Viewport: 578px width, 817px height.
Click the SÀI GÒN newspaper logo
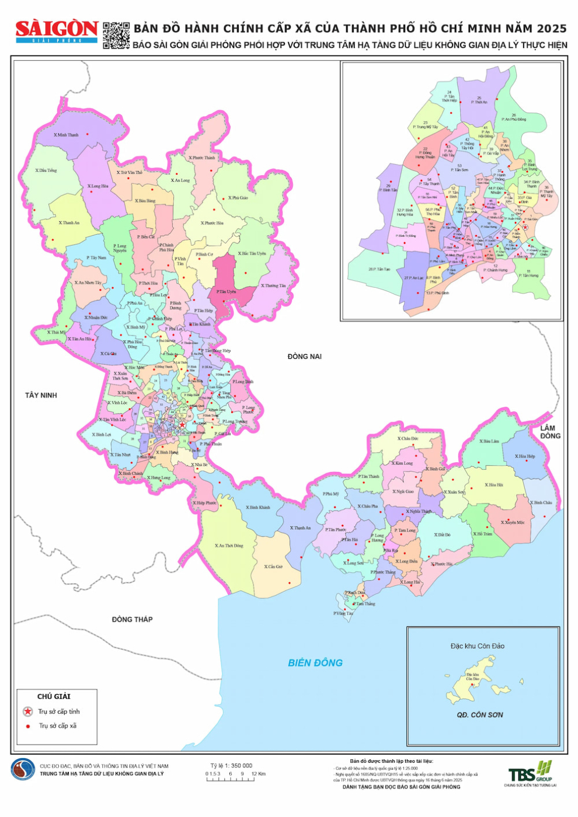pos(57,31)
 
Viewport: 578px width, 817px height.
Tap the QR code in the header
pos(116,36)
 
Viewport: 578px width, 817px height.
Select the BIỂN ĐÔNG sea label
pos(315,663)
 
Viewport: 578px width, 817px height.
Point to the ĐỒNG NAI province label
pos(304,357)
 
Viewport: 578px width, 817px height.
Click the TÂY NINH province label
pos(41,396)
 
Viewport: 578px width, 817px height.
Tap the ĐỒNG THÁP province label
pos(132,619)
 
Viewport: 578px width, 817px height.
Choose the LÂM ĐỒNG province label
pos(549,432)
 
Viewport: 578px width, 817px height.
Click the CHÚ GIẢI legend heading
pos(54,696)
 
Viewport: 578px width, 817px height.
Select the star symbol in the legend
pos(27,711)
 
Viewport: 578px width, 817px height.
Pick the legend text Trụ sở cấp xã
pos(58,726)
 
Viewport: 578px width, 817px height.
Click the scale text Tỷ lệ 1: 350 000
pos(231,766)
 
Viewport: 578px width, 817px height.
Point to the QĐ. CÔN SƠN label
pos(479,715)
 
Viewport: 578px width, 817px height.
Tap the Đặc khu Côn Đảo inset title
pos(477,646)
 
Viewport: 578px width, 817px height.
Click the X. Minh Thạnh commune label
pos(66,135)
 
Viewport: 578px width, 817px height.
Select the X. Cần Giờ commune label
pos(273,567)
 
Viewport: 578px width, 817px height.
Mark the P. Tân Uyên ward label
pos(226,292)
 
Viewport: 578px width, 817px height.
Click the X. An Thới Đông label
pos(230,546)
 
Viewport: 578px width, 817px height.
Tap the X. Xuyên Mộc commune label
pos(514,522)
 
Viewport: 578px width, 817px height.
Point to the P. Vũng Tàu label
pos(343,613)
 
